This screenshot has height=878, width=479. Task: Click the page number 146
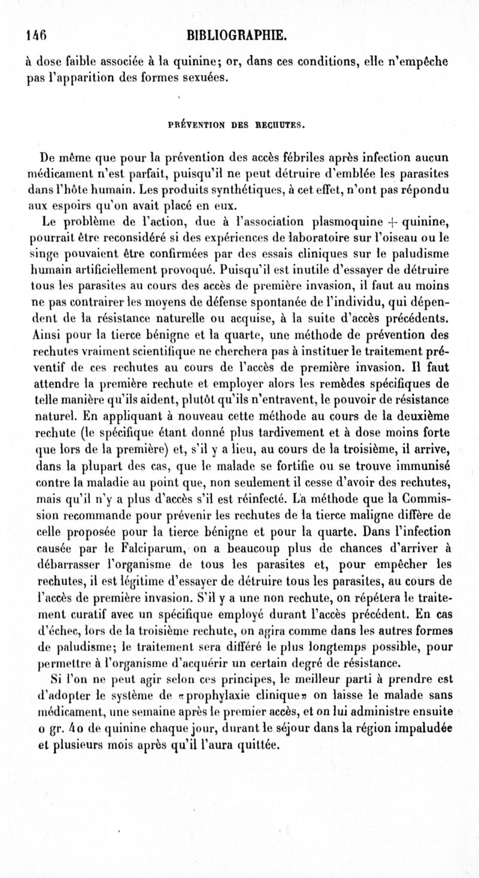[x=36, y=36]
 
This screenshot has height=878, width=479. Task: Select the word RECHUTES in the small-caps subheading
[x=281, y=125]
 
